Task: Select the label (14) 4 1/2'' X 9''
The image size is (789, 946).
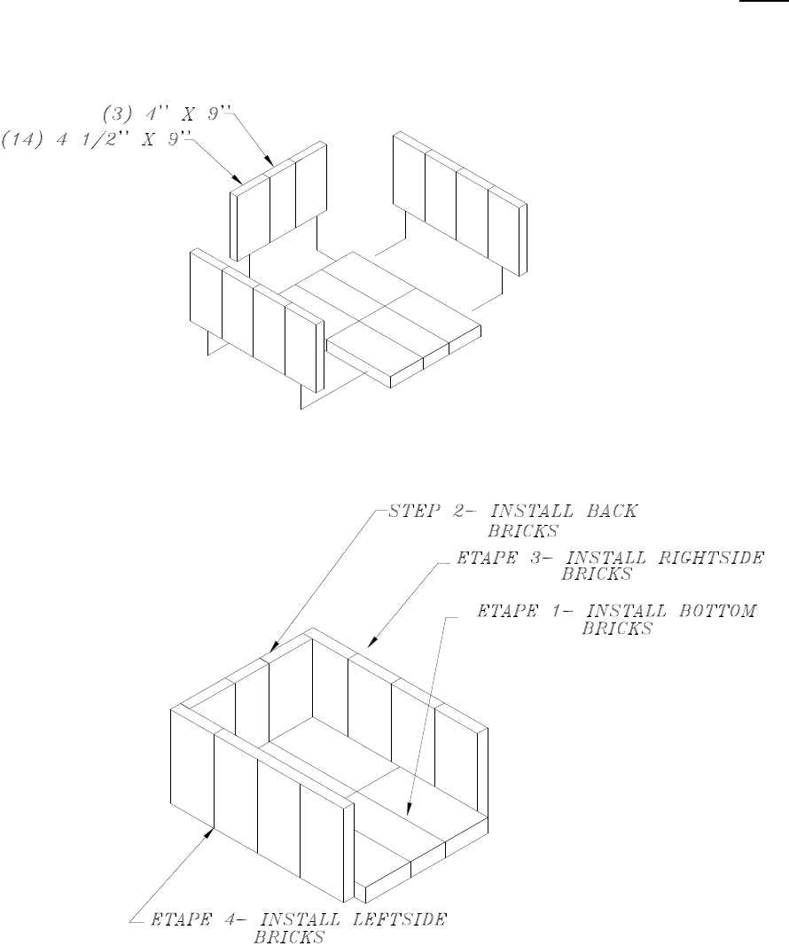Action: (96, 139)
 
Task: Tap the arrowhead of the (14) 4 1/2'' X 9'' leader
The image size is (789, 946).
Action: (240, 182)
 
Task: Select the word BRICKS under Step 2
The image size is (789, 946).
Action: (520, 533)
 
